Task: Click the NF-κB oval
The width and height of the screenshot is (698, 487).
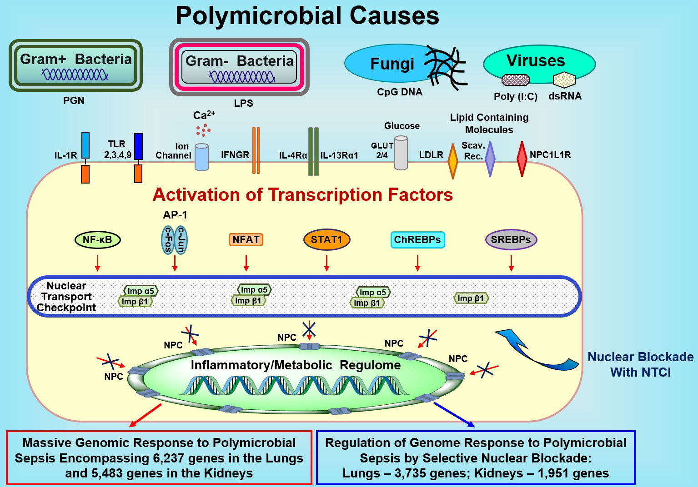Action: point(97,239)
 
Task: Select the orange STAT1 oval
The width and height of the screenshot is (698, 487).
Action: point(326,239)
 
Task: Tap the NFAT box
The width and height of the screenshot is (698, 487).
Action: point(246,239)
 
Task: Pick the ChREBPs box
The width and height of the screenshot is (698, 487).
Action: point(417,239)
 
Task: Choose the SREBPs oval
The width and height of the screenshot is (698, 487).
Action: point(511,239)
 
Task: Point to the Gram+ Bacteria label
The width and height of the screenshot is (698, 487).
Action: point(75,59)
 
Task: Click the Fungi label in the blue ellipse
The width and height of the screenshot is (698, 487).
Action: point(392,64)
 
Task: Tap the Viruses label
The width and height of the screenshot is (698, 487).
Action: point(536,60)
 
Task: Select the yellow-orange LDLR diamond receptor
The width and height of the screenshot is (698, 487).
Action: point(452,161)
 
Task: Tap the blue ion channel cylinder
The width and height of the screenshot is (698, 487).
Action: point(201,157)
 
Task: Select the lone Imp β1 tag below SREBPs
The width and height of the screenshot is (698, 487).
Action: point(471,298)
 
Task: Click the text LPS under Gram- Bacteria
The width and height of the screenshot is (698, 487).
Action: point(243,103)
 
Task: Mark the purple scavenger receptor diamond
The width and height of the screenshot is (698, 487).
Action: point(490,159)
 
